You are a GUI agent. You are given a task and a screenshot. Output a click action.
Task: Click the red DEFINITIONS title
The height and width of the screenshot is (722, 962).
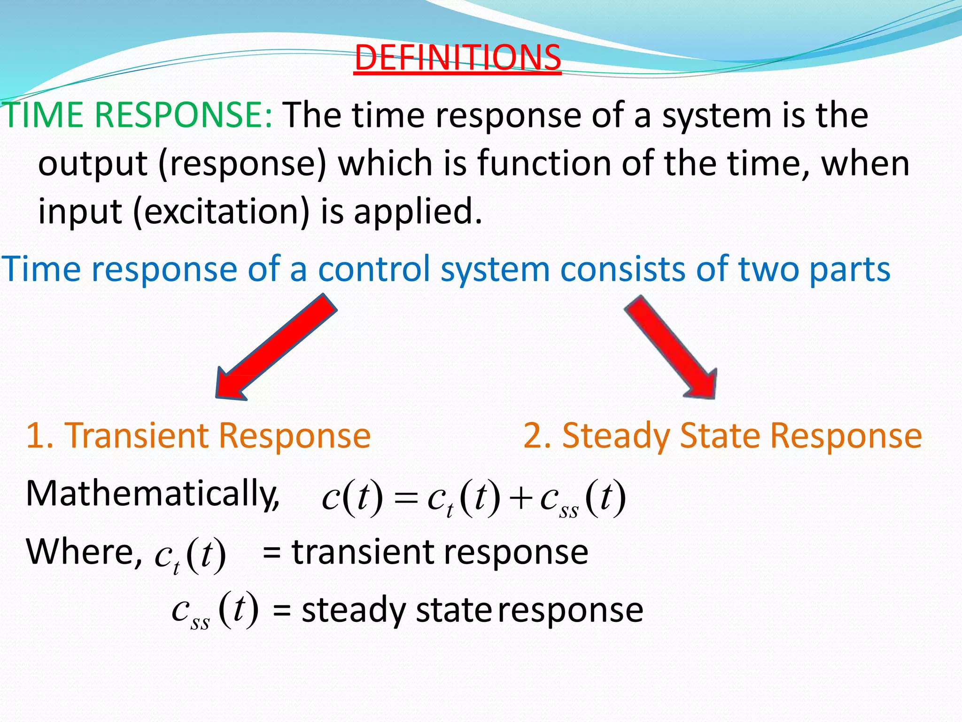pos(458,57)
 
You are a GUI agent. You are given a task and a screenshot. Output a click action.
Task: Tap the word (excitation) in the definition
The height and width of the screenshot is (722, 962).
pos(221,212)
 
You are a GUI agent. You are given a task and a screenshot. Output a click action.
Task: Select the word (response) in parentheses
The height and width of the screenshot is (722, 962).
pos(242,164)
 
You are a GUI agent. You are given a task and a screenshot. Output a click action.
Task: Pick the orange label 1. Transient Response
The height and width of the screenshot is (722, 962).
pos(198,436)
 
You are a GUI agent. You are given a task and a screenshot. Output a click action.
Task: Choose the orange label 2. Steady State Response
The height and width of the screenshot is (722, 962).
pos(722,436)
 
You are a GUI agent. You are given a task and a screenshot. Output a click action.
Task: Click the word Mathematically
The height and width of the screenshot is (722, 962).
pos(152,494)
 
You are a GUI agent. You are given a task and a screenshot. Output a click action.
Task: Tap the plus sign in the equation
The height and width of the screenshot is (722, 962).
pos(520,499)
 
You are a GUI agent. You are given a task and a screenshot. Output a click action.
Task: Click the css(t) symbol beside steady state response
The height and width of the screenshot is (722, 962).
pos(215,610)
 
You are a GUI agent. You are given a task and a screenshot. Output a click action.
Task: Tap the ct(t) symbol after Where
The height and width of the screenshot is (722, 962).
pos(190,556)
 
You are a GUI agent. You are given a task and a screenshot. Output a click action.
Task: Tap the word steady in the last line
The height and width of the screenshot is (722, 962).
pos(353,611)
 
